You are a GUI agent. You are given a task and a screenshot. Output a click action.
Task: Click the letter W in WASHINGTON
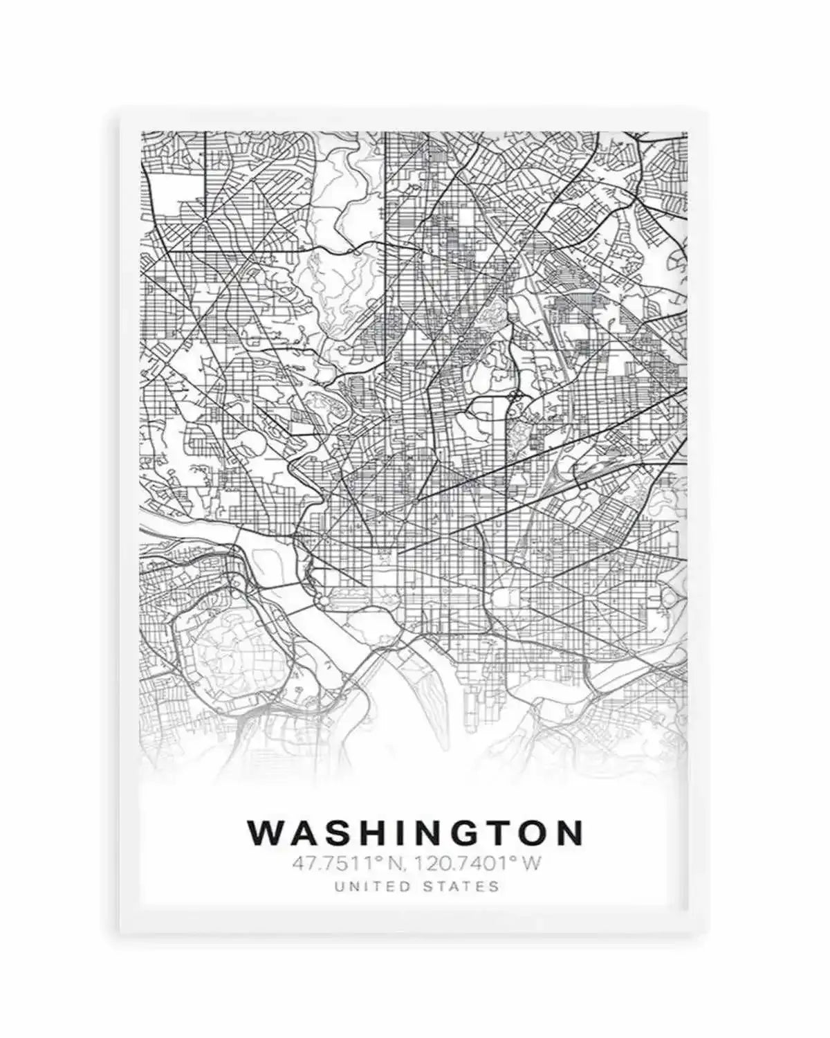tap(264, 833)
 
